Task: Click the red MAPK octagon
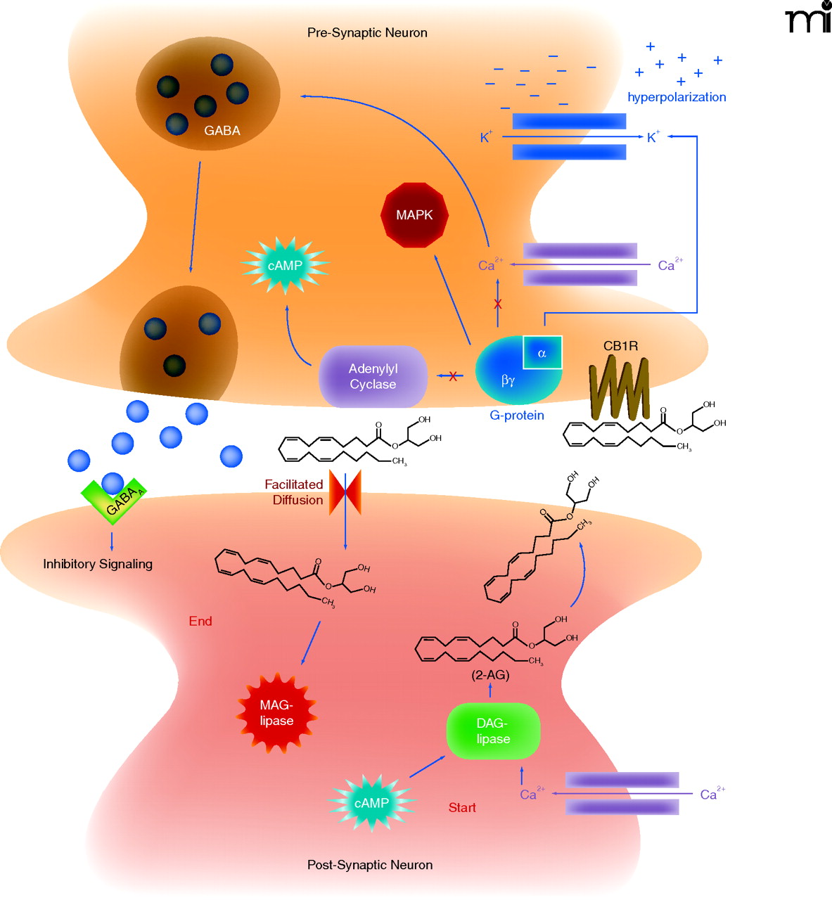click(414, 215)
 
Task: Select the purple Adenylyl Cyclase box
click(373, 377)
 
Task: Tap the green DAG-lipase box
click(493, 731)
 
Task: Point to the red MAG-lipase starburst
click(276, 713)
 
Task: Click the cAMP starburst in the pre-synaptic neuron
click(285, 266)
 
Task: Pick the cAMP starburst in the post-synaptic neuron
click(371, 803)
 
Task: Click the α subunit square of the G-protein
click(542, 353)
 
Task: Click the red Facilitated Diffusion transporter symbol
click(345, 492)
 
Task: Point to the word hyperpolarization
click(677, 97)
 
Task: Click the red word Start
click(462, 808)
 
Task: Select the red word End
click(200, 622)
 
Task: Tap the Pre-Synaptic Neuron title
click(367, 33)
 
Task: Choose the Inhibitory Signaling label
click(98, 564)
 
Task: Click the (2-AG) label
click(490, 675)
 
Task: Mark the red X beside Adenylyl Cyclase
click(453, 377)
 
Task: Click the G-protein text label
click(517, 416)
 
